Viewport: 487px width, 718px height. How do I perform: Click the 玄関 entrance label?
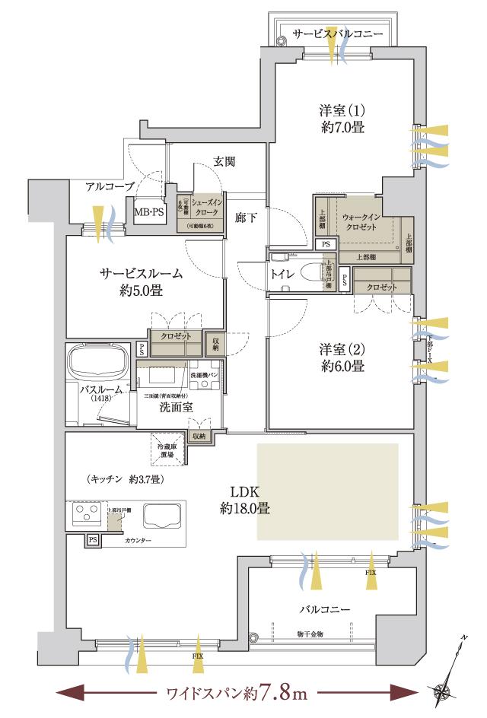click(x=224, y=161)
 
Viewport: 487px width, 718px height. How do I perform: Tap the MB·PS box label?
click(x=149, y=213)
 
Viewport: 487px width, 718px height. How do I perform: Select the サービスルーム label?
click(x=139, y=281)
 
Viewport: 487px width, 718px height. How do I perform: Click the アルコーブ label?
click(x=110, y=186)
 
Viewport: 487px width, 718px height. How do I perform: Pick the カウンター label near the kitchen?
click(x=137, y=540)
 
